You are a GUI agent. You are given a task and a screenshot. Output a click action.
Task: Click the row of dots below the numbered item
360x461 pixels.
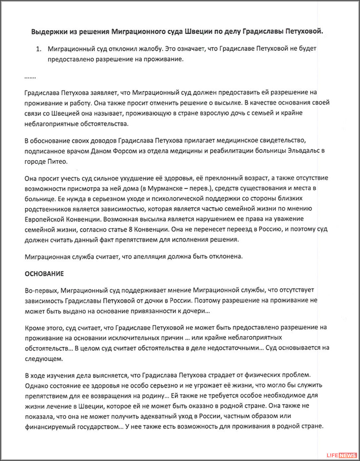pos(30,76)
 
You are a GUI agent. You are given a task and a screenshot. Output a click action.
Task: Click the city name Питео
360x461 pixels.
pos(56,162)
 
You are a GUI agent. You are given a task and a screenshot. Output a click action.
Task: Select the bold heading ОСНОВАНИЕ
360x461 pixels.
pos(44,273)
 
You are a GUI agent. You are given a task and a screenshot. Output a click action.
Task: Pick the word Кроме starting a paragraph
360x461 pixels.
pos(34,327)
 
